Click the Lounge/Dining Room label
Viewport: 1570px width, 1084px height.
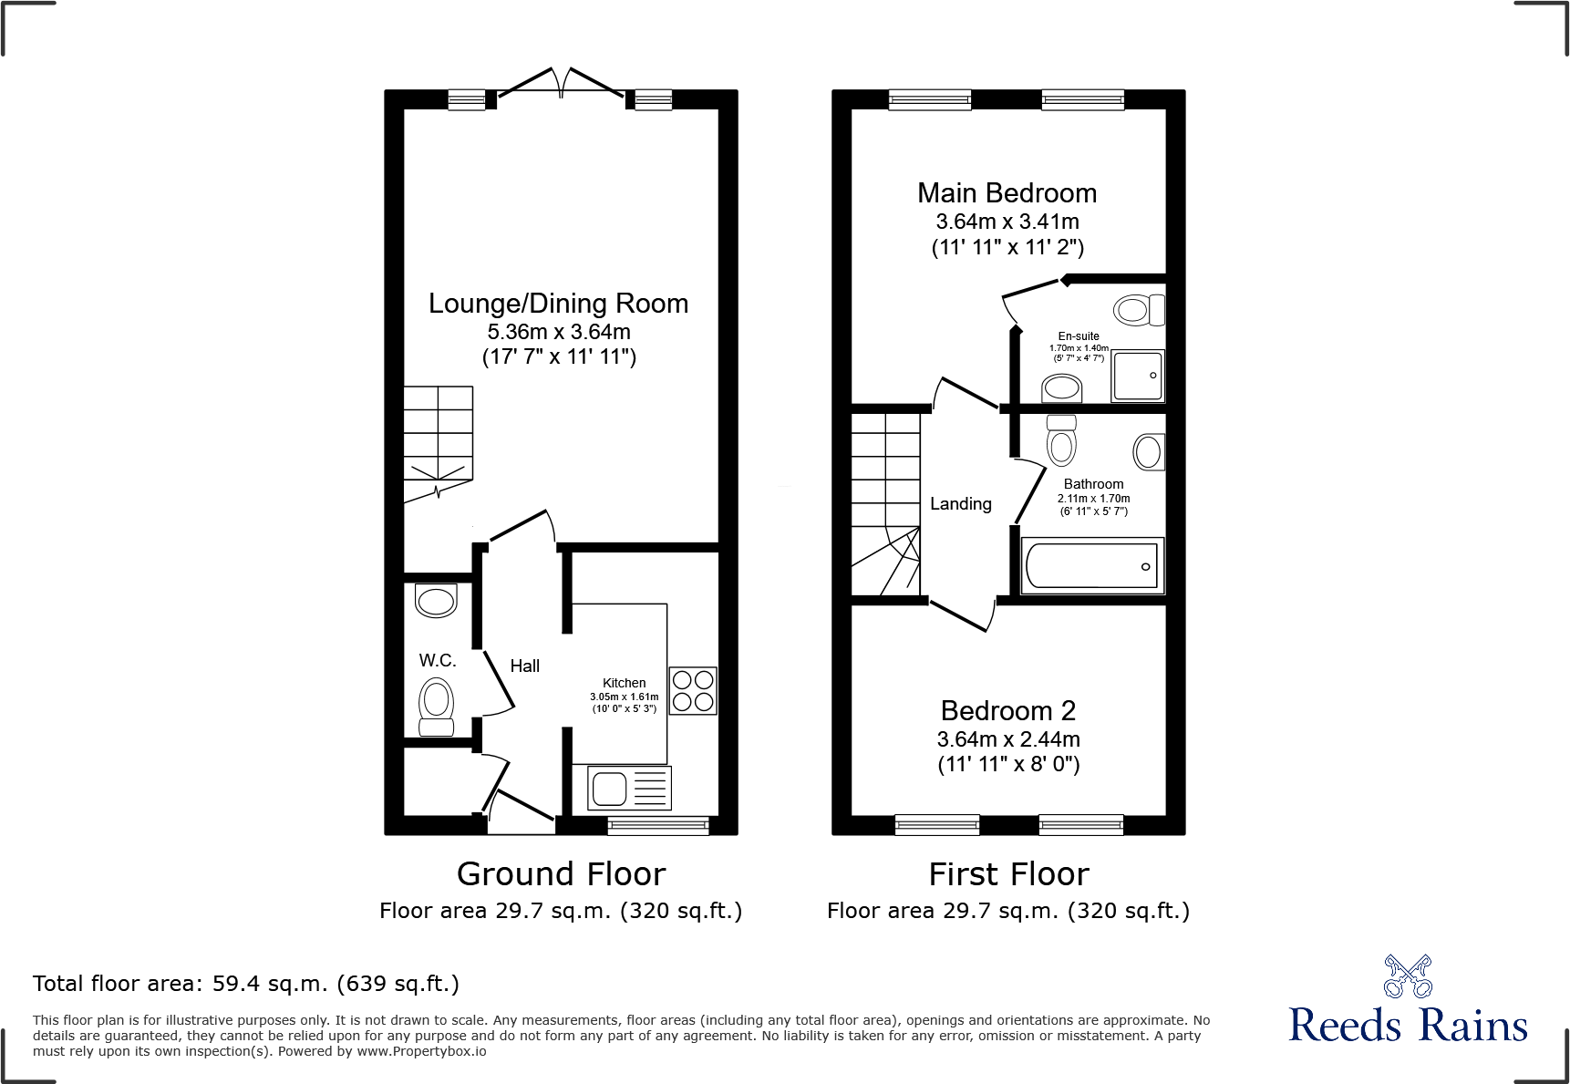pos(558,304)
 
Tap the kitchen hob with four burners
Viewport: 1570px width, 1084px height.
pos(693,691)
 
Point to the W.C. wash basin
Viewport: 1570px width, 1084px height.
pos(436,601)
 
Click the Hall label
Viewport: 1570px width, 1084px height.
pos(525,666)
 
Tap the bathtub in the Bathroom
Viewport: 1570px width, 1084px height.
pos(1092,566)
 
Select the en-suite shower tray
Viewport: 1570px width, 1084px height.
pos(1138,376)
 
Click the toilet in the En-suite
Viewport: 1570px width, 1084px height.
pos(1140,310)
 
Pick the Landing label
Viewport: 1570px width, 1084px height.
pos(961,504)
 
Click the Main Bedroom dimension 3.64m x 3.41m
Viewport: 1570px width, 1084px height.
pos(1007,222)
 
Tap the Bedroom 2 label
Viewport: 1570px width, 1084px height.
pos(1008,711)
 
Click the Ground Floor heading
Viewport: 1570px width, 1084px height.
pos(561,874)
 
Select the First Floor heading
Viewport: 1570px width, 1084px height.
pos(1008,874)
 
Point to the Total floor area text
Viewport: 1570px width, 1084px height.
pos(246,984)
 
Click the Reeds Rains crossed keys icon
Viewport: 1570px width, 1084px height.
pos(1408,976)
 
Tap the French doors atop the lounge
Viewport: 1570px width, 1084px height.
pos(561,82)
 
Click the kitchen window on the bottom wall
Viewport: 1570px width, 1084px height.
pos(658,826)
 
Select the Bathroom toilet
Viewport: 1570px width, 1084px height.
pos(1061,440)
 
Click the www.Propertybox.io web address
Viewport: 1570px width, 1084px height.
pos(421,1051)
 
